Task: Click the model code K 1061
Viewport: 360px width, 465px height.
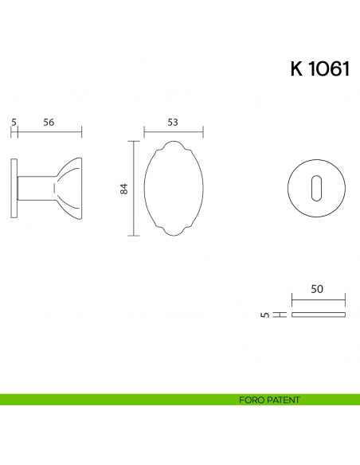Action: [x=319, y=69]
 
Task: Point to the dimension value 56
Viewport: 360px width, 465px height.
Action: [x=49, y=122]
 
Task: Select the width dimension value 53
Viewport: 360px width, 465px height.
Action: [x=173, y=122]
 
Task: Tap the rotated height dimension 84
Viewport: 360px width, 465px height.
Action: [x=123, y=189]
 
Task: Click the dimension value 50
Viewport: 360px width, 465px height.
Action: [x=317, y=291]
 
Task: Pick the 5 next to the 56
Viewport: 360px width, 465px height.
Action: [x=14, y=122]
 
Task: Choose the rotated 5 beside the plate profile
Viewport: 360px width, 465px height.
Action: [x=264, y=315]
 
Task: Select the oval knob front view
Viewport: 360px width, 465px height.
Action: [x=173, y=189]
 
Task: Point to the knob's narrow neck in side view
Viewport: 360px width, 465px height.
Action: [x=36, y=188]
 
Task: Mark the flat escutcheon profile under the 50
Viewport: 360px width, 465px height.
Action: [x=319, y=315]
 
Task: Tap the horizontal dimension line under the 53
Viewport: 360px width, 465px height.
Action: [x=173, y=131]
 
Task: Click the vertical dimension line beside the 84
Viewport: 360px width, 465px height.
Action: [x=133, y=189]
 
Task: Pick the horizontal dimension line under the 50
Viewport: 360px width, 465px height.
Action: [x=319, y=300]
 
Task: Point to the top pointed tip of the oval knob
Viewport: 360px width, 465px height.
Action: [x=173, y=141]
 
